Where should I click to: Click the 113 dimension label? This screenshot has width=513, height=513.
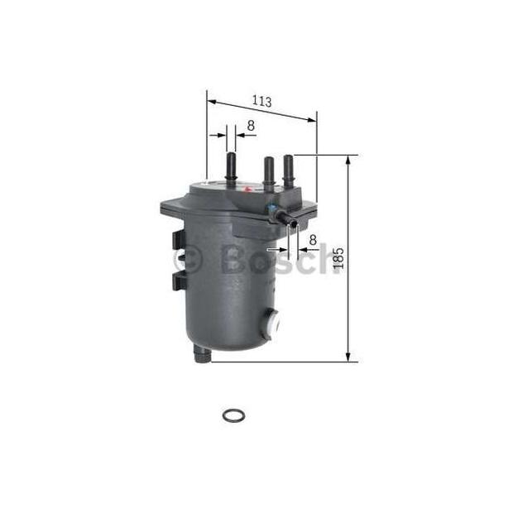[261, 101]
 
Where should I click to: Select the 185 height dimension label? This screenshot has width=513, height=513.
[338, 258]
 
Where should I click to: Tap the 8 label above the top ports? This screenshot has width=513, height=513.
[251, 125]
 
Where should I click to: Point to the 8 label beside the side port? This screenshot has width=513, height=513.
[313, 240]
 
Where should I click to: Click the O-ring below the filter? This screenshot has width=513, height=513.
[233, 416]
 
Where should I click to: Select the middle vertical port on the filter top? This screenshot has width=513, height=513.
[269, 174]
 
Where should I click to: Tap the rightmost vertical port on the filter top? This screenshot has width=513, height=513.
[289, 170]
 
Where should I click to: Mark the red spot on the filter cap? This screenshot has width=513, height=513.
[247, 189]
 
